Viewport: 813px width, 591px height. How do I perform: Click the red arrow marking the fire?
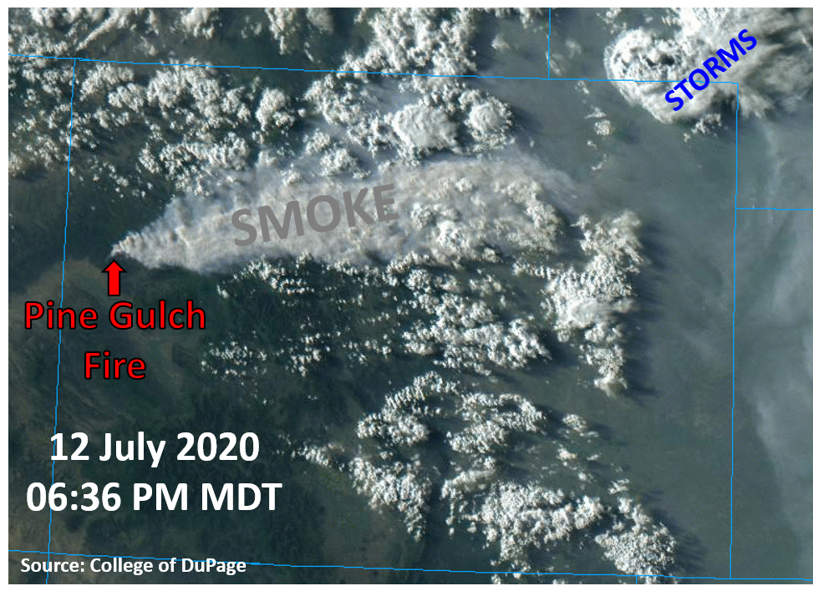point(114,278)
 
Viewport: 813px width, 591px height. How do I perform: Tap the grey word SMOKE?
point(315,215)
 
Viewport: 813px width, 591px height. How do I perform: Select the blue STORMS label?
point(710,69)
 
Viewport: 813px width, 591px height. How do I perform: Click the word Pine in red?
point(55,316)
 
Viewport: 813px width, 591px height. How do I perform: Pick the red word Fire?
point(114,365)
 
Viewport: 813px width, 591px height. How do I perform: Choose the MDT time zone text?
point(241,497)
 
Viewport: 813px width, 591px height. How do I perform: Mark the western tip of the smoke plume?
point(111,255)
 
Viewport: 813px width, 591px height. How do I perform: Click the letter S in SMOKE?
point(245,227)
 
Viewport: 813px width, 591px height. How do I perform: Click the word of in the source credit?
point(167,564)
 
